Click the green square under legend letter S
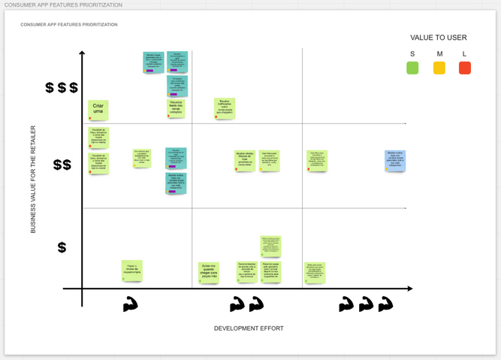pos(412,68)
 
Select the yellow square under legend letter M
pos(439,68)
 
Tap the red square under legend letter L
pos(465,68)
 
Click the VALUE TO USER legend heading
pos(439,38)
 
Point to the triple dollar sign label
pos(62,88)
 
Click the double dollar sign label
pos(62,165)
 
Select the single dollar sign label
pos(62,247)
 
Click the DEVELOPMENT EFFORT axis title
pos(249,328)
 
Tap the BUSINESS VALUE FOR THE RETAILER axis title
pos(33,179)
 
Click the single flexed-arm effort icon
pos(131,304)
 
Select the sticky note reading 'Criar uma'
pos(98,110)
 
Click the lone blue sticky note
pos(395,160)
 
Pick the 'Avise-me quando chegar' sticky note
pos(209,271)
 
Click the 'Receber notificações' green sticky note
pos(225,108)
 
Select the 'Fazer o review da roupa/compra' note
pos(132,270)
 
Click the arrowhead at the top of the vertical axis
pos(82,53)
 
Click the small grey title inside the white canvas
pos(69,25)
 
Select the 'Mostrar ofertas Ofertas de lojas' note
pos(245,161)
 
